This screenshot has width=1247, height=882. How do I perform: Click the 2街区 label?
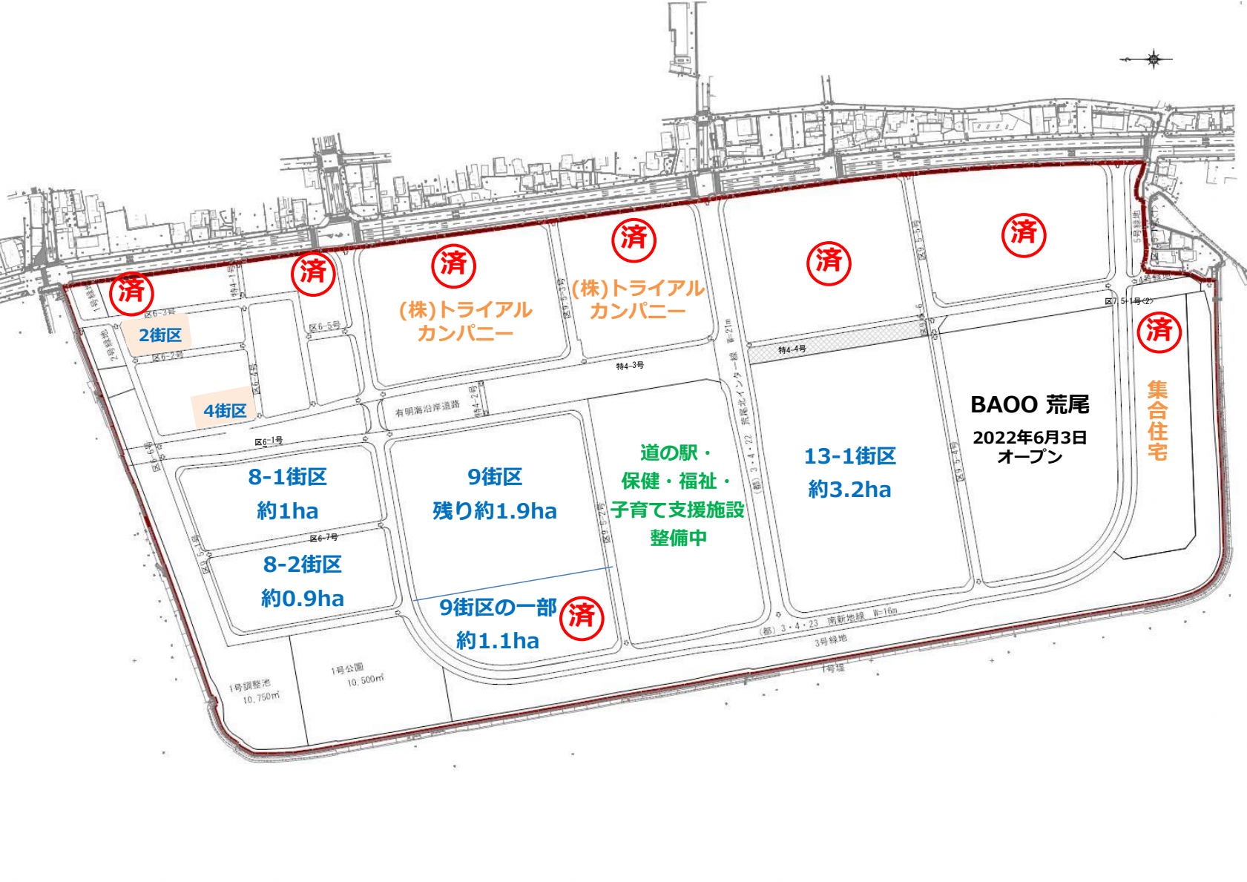tap(160, 335)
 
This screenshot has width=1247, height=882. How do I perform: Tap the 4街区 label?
tap(225, 411)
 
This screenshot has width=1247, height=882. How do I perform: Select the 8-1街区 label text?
tap(288, 477)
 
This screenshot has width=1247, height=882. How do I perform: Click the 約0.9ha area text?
tap(303, 599)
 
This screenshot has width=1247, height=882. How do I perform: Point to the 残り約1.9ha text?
tap(495, 511)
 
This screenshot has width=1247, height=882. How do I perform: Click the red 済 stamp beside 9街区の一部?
tap(582, 616)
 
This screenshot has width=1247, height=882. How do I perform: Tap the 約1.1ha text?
tap(498, 641)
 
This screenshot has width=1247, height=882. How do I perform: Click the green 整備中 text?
tap(678, 538)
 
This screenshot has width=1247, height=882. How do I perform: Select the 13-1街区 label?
tap(850, 456)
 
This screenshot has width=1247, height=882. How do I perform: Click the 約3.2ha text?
tap(850, 490)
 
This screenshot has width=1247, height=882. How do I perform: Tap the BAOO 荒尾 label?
tap(1030, 405)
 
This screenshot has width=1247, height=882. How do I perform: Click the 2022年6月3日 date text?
tap(1030, 438)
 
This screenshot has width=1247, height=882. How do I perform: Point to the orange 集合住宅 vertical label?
tap(1157, 421)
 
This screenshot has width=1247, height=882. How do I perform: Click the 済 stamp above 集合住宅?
tap(1159, 329)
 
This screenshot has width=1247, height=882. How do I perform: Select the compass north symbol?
tap(1154, 59)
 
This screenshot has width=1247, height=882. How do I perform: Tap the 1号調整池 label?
tap(250, 686)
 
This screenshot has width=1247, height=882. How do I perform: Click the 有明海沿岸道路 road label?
tap(427, 408)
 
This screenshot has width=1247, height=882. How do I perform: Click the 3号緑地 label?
tap(830, 641)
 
